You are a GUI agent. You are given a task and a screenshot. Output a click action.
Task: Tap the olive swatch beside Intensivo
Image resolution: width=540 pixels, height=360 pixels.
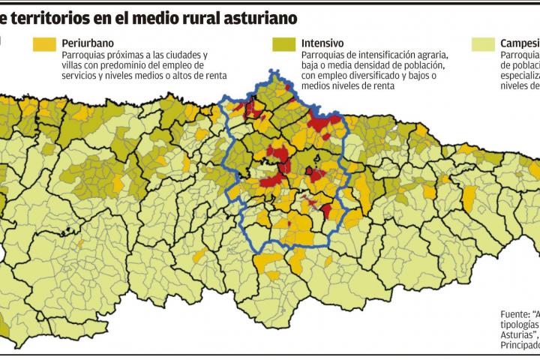[283, 45]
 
